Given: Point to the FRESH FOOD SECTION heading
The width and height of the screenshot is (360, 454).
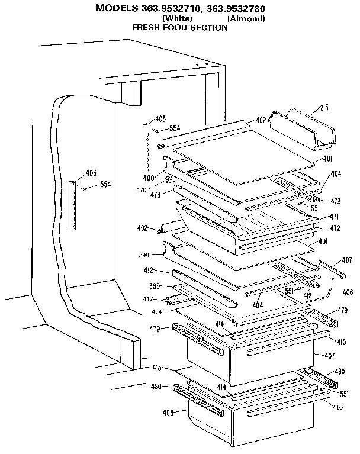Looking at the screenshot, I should (179, 28).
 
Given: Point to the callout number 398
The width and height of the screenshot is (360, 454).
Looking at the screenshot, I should (143, 255).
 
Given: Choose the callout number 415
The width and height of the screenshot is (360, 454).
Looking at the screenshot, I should (156, 368).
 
